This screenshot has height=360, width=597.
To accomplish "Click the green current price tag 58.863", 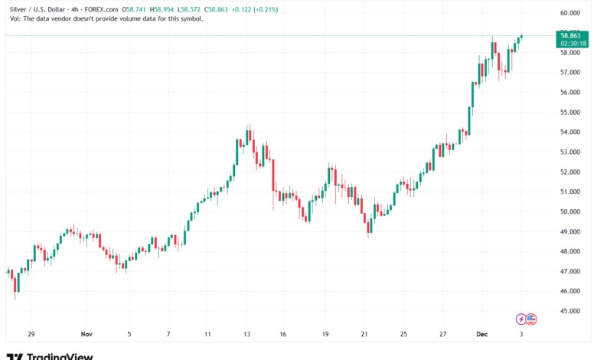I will coord(573,35).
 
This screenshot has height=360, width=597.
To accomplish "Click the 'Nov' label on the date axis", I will coord(86,335).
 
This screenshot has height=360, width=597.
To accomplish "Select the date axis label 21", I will coord(365,335).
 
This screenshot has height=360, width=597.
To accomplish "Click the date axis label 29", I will coord(31,335).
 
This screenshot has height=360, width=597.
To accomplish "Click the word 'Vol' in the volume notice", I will coord(11,18).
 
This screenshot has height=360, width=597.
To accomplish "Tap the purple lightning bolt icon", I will coord(522,319).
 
